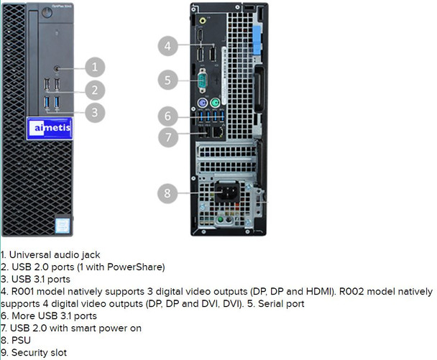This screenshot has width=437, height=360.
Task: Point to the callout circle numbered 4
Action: click(168, 46)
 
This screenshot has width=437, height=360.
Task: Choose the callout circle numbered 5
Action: click(168, 80)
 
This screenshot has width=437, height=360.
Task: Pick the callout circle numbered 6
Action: click(168, 115)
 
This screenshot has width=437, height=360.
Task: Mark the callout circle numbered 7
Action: click(168, 137)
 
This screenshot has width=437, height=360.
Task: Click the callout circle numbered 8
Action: click(168, 193)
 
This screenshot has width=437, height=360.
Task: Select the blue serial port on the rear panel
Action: click(203, 80)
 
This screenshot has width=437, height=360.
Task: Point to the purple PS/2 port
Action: click(203, 103)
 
